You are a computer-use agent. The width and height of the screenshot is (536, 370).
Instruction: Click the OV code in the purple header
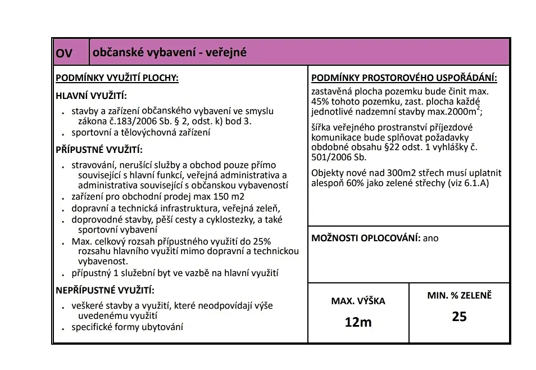pyautogui.click(x=64, y=53)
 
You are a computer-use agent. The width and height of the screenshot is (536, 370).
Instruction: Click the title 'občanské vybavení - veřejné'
pyautogui.click(x=170, y=53)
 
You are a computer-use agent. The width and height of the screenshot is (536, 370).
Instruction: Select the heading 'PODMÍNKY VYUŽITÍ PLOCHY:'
pyautogui.click(x=117, y=78)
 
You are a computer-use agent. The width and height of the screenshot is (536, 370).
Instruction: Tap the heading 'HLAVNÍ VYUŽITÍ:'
pyautogui.click(x=91, y=96)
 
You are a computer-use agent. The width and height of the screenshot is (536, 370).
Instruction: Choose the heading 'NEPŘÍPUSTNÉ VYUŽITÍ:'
pyautogui.click(x=105, y=291)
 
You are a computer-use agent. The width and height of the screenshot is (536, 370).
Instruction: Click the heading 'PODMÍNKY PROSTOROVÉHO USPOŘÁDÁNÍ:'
pyautogui.click(x=404, y=78)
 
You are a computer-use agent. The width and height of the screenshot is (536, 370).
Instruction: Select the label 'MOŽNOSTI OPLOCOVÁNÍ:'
pyautogui.click(x=366, y=238)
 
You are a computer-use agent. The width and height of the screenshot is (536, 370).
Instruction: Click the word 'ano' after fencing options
pyautogui.click(x=431, y=238)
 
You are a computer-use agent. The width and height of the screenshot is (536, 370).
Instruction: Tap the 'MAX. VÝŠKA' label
pyautogui.click(x=358, y=301)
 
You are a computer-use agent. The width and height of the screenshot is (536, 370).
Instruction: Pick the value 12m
pyautogui.click(x=358, y=322)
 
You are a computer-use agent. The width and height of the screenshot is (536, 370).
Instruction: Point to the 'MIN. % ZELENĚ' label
pyautogui.click(x=459, y=295)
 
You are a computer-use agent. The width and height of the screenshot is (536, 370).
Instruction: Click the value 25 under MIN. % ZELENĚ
pyautogui.click(x=459, y=317)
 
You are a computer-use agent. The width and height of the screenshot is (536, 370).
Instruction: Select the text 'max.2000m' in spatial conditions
pyautogui.click(x=456, y=111)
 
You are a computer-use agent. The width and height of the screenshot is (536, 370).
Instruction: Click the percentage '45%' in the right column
pyautogui.click(x=320, y=101)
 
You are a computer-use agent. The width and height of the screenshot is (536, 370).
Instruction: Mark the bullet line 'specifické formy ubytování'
pyautogui.click(x=127, y=327)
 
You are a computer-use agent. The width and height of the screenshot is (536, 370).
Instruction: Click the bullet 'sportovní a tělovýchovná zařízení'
pyautogui.click(x=140, y=133)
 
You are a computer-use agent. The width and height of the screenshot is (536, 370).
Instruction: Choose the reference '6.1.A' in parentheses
pyautogui.click(x=473, y=183)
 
